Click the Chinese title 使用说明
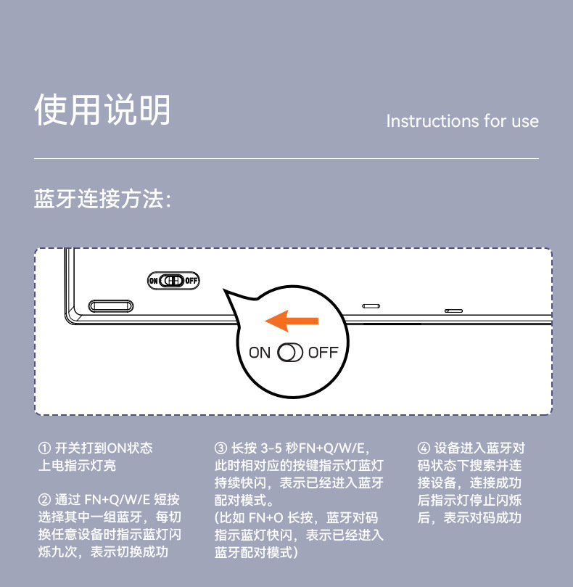pos(102,110)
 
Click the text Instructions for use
pos(462,121)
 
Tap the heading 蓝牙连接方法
pos(102,198)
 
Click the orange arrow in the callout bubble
pos(292,321)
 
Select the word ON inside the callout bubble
pos(260,353)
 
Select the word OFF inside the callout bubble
pos(323,353)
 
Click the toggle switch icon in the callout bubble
pos(289,353)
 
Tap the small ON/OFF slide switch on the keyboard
pos(173,280)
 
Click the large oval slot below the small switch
pos(111,306)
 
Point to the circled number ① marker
pos(44,448)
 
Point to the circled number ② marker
pos(44,499)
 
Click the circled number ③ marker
pos(220,448)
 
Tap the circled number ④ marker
pos(424,448)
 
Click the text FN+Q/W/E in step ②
pos(118,500)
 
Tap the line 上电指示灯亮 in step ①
pos(77,465)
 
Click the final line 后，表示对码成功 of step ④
pos(469,518)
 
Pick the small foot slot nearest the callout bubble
pos(371,306)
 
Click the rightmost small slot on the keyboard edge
pos(453,311)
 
